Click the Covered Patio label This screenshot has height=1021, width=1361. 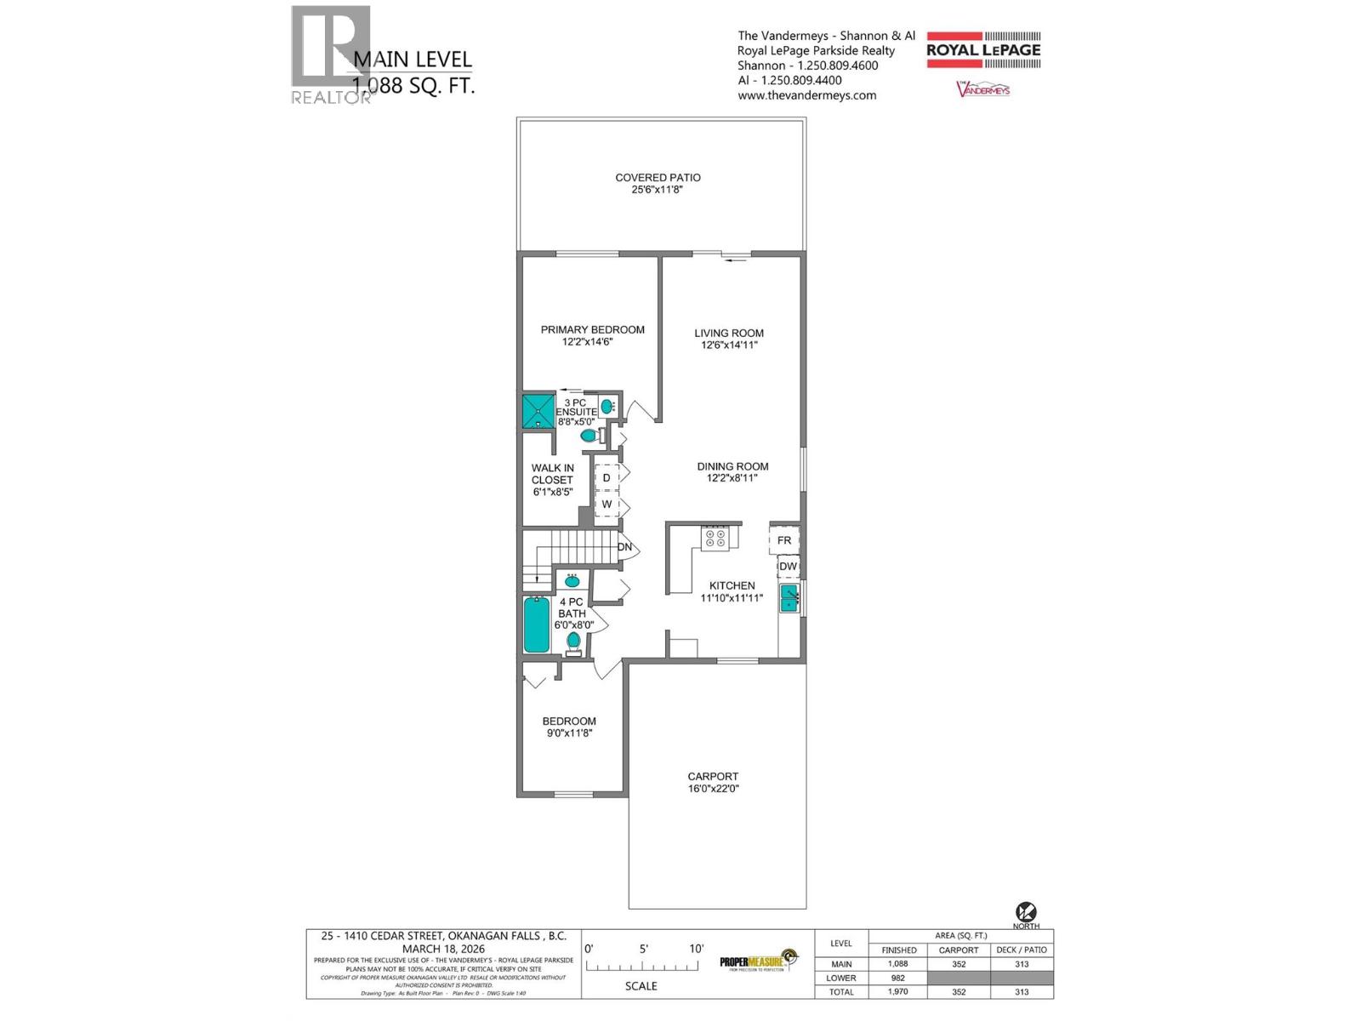[x=658, y=178]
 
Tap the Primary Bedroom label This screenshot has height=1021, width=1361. [x=592, y=330]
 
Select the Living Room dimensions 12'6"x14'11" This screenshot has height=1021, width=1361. [x=729, y=345]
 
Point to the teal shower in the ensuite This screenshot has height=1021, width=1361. [x=538, y=411]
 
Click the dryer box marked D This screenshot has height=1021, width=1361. [x=606, y=478]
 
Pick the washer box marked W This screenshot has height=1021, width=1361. [x=606, y=505]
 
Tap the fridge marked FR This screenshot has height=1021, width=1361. [x=784, y=540]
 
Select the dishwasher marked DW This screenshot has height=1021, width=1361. [x=788, y=567]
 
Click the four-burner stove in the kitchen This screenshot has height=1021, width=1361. [x=715, y=538]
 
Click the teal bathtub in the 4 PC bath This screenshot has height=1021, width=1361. [x=537, y=625]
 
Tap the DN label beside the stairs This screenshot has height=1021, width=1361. [x=625, y=547]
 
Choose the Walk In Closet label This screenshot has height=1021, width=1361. [x=552, y=474]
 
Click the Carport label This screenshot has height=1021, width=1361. [x=713, y=777]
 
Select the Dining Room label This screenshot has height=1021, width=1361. [x=732, y=466]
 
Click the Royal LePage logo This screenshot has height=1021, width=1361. [x=983, y=49]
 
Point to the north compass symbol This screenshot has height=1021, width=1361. [x=1026, y=914]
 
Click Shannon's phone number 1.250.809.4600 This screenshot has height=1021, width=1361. [x=837, y=66]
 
